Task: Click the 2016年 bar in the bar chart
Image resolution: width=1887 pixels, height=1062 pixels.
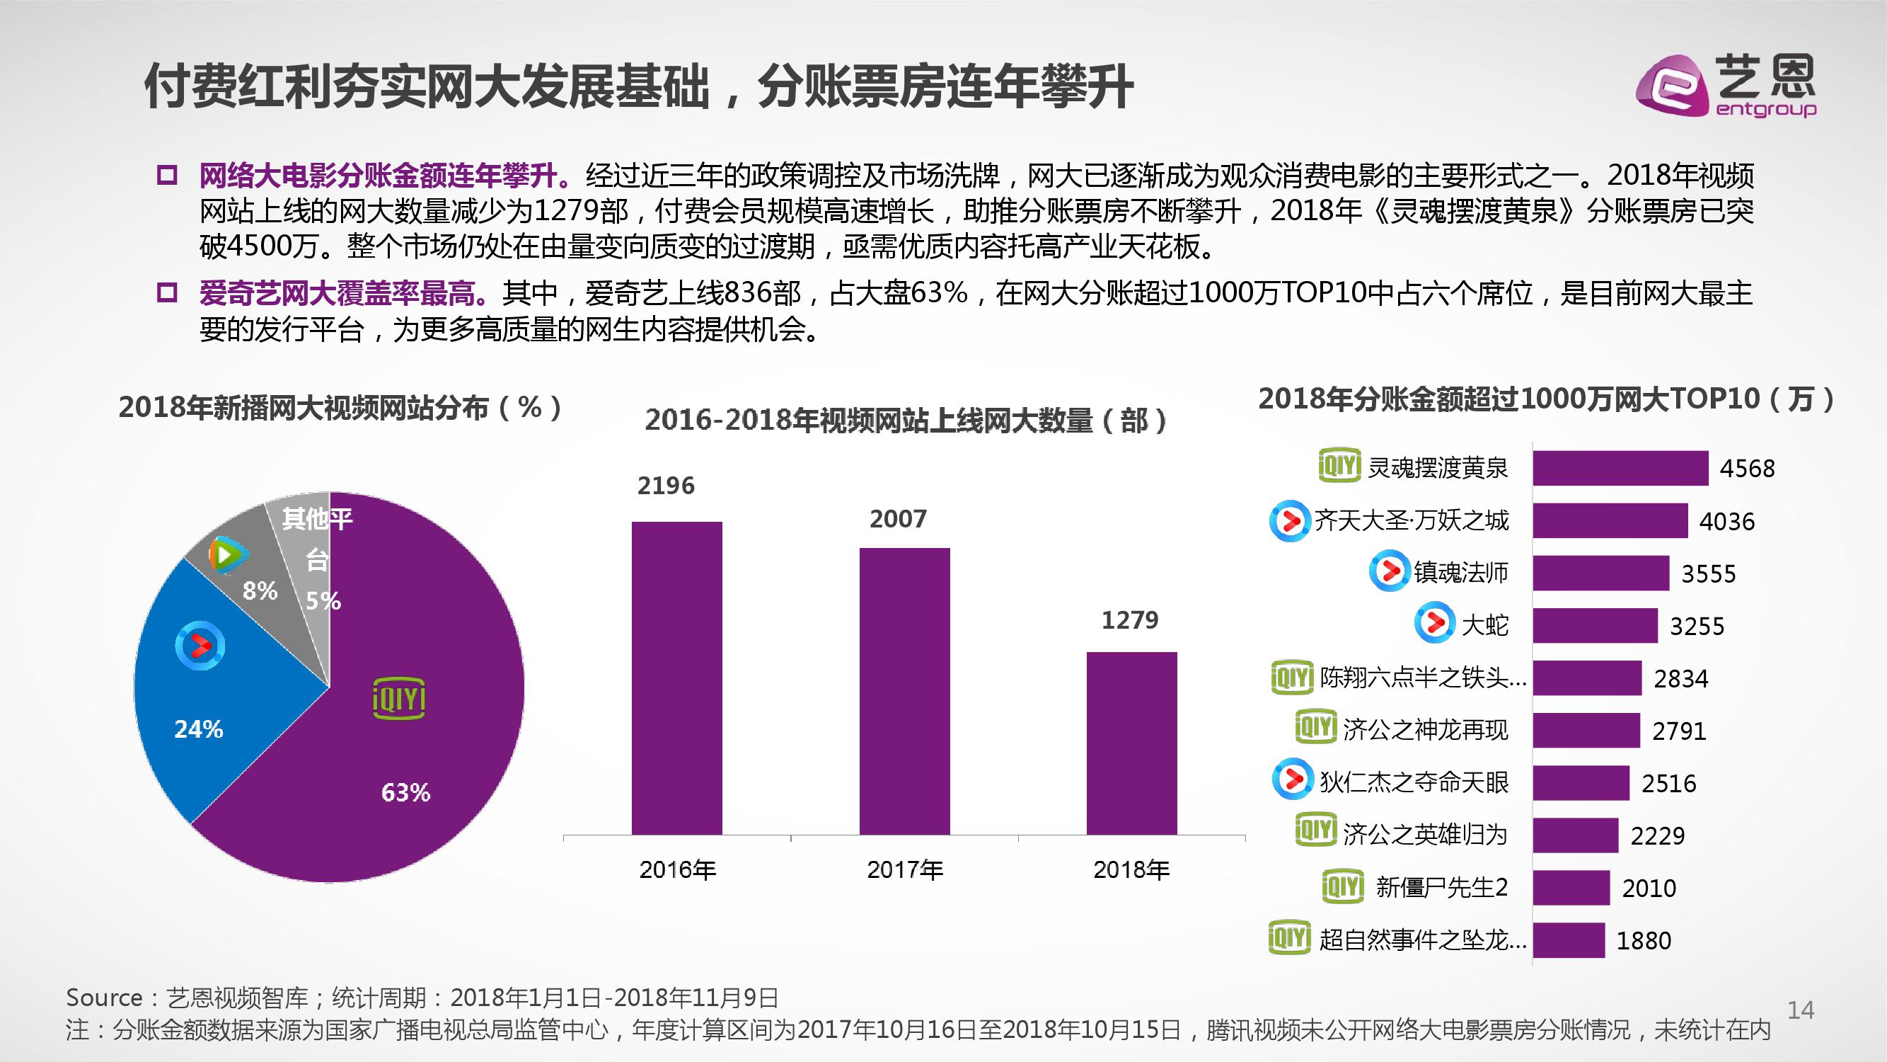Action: [x=676, y=678]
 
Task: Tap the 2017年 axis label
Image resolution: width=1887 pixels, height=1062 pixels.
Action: [x=905, y=870]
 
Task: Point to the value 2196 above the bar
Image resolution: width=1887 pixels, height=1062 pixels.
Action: [x=665, y=485]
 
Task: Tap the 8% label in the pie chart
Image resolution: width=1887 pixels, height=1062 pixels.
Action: [x=260, y=590]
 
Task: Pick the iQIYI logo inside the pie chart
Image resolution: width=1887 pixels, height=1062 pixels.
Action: [x=398, y=700]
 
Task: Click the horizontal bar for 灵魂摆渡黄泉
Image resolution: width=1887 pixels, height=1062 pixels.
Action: [x=1620, y=467]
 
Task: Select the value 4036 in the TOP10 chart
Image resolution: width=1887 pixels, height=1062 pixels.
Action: [x=1726, y=521]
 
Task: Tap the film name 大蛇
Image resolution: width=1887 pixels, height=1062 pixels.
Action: [x=1485, y=625]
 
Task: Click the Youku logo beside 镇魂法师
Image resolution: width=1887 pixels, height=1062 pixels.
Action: [x=1389, y=572]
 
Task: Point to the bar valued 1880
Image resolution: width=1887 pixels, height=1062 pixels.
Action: [x=1569, y=940]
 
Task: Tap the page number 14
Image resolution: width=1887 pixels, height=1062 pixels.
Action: [x=1800, y=1011]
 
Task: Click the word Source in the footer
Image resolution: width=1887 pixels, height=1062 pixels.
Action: [x=104, y=998]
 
